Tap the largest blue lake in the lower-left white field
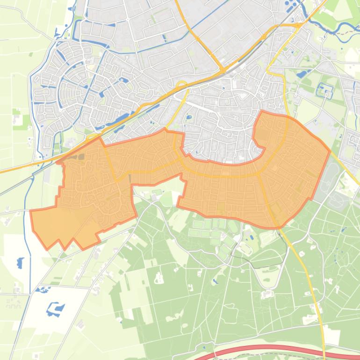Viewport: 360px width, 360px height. (55, 309)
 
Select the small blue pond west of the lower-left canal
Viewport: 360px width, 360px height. (20, 263)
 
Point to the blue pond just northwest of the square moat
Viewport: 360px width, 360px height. (302, 73)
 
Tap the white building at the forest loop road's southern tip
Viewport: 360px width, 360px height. (267, 294)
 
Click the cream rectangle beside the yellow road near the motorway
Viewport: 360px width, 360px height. (331, 336)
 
